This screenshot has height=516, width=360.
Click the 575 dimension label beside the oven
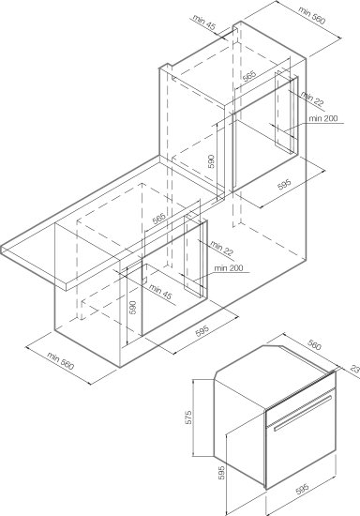tap(188, 417)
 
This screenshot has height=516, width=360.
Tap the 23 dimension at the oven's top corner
tap(355, 369)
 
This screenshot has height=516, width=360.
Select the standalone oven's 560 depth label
tap(315, 345)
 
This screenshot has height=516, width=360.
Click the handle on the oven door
tap(303, 413)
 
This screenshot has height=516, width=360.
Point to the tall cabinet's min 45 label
tap(204, 23)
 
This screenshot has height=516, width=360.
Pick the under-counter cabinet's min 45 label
tap(160, 292)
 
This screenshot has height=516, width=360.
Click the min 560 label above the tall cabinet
tap(311, 15)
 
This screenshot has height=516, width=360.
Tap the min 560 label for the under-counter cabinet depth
tap(61, 361)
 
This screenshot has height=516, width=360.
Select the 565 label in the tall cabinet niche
tap(249, 76)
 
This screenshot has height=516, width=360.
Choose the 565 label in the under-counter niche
tap(158, 219)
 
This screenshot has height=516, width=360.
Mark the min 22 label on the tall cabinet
tap(312, 99)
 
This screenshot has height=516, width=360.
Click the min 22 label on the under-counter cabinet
tap(221, 249)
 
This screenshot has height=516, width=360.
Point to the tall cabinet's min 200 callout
tap(323, 118)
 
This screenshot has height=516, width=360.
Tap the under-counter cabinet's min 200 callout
tap(229, 268)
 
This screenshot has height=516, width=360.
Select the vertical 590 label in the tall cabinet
tap(211, 161)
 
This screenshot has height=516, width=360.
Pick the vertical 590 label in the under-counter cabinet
tap(132, 307)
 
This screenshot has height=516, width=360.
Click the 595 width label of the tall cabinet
tap(284, 184)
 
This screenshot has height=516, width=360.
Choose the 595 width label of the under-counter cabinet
tap(202, 330)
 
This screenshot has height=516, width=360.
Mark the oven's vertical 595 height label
tap(222, 472)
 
